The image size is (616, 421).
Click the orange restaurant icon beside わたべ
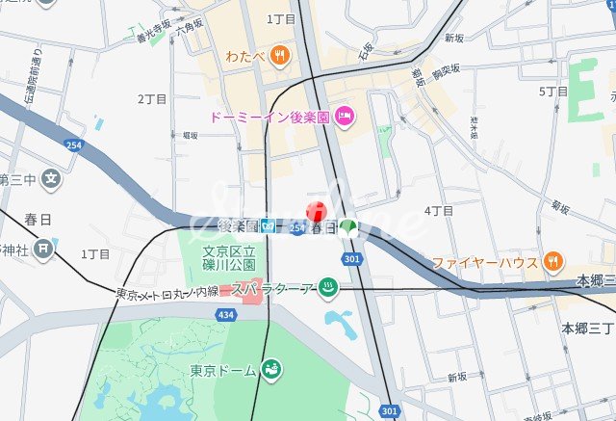point(278,55)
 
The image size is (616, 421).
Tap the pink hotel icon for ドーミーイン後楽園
point(345,118)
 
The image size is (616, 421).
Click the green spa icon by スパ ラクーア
point(328,287)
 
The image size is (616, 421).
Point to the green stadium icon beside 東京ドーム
point(273,370)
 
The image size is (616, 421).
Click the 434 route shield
point(224,315)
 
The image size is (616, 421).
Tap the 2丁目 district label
point(152,99)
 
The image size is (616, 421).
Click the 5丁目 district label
point(553,92)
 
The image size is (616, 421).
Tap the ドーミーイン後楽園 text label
point(269,118)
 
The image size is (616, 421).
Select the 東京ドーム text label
point(222,371)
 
